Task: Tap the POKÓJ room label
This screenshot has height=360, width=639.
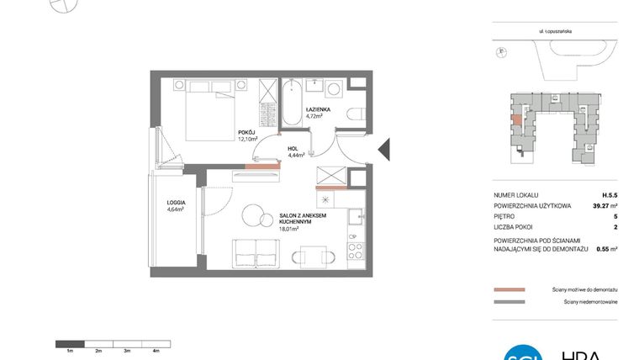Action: pos(246,132)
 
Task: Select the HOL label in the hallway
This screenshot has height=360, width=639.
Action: pos(294,148)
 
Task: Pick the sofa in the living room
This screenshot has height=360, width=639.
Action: pos(255,253)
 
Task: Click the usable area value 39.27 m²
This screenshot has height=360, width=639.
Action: pos(602,205)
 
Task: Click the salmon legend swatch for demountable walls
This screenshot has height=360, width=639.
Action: pos(510,289)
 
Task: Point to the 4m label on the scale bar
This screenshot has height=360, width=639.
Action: pos(156,350)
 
